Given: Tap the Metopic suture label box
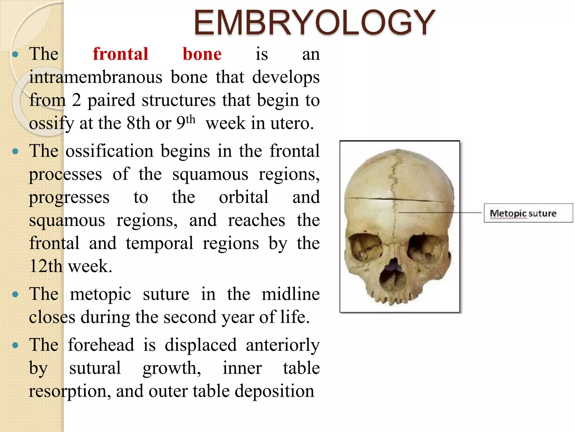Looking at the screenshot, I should click(528, 213).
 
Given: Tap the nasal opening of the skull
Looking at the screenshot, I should click(393, 274).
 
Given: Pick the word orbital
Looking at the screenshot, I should click(243, 197).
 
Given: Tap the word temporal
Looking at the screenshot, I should click(159, 243).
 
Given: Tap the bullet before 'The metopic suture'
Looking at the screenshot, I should click(15, 294).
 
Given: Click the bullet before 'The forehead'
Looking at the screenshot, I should click(15, 345).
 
